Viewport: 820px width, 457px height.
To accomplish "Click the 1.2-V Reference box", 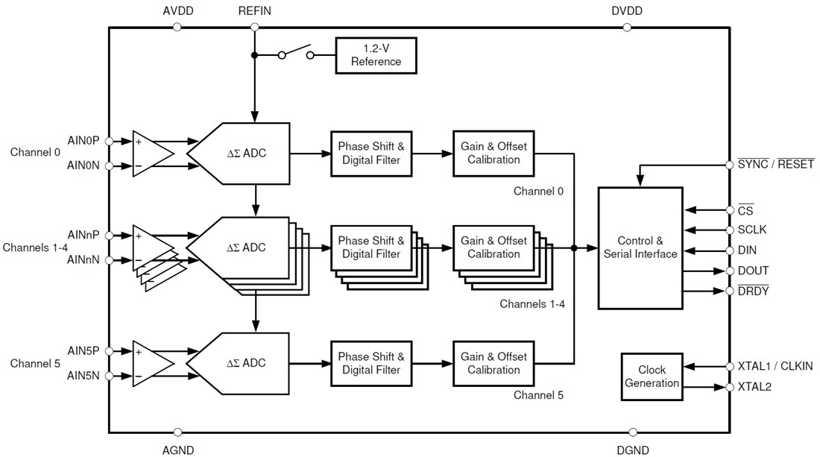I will click(376, 55).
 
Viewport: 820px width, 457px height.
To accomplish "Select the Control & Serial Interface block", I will click(640, 248).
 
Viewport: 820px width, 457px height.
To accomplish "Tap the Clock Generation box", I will click(652, 376).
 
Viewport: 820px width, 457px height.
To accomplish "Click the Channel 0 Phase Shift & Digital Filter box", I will click(371, 153).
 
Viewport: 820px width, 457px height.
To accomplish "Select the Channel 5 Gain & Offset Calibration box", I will click(493, 363).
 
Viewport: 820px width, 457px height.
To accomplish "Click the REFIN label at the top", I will click(255, 11).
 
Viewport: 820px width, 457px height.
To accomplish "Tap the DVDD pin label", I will click(626, 11).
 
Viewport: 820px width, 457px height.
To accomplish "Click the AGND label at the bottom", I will click(177, 450).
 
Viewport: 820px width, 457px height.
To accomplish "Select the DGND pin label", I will click(633, 450).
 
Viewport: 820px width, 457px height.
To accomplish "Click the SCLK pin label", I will click(751, 230).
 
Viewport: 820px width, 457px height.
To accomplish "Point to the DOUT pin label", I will click(753, 271).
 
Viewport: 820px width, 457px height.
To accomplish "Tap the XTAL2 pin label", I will click(754, 387).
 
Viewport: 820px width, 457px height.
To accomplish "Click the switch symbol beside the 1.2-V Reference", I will click(296, 54).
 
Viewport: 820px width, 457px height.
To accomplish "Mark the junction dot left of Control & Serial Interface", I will click(573, 248).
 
